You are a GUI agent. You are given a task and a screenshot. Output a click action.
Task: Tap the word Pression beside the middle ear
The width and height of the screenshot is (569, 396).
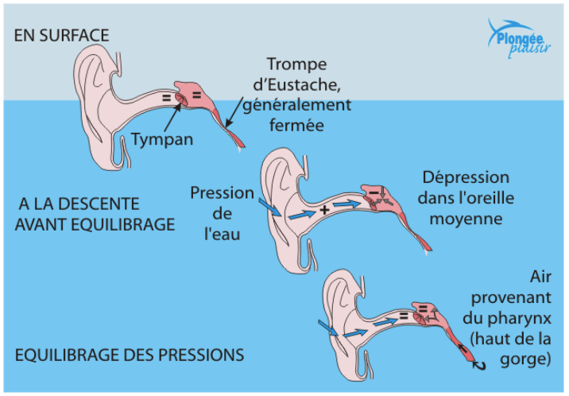click(x=222, y=193)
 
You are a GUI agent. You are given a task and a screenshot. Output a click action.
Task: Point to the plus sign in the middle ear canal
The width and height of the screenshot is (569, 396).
click(x=324, y=211)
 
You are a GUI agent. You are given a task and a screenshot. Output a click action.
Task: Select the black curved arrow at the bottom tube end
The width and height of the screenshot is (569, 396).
click(x=478, y=364)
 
